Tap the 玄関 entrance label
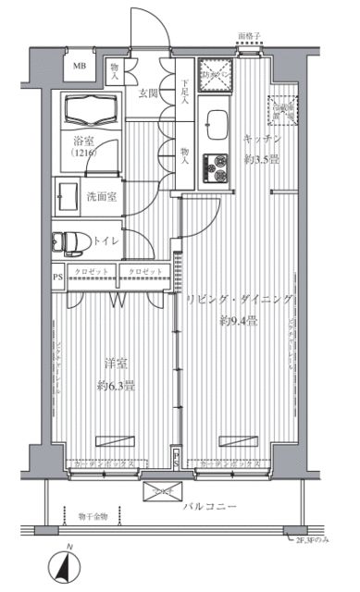pos(150,92)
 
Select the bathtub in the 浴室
pos(87,114)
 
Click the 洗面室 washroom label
pos(102,196)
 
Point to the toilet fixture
pos(68,242)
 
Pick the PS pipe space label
pos(57,276)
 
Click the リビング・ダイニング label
pos(238,302)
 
